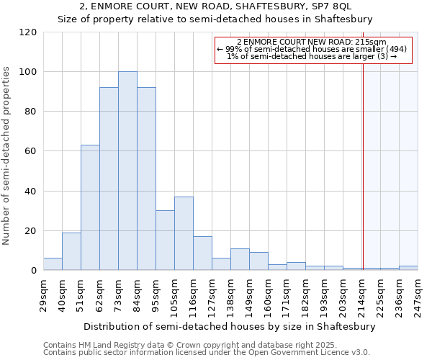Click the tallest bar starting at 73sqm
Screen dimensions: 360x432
coord(127,171)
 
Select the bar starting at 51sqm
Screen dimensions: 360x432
coord(90,207)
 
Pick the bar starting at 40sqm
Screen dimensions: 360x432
coord(71,251)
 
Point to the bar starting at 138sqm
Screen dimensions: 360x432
coord(240,259)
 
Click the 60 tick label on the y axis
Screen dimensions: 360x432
coord(30,151)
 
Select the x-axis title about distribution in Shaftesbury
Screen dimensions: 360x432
coord(230,326)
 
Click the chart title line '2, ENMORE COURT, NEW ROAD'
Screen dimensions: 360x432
coord(215,6)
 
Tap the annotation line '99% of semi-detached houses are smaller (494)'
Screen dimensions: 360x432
coord(312,49)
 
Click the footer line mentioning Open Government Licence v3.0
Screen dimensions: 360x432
coord(207,353)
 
